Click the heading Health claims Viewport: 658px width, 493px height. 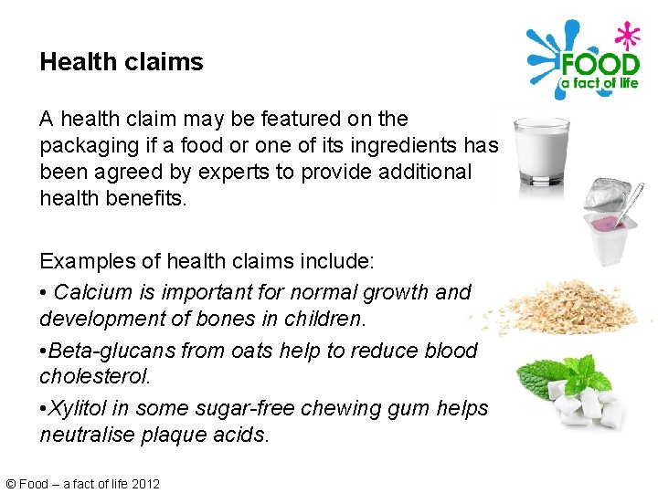pyautogui.click(x=122, y=62)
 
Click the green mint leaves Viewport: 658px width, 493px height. pyautogui.click(x=557, y=377)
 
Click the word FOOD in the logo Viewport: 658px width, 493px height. pyautogui.click(x=599, y=65)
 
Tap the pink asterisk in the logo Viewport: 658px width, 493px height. pyautogui.click(x=626, y=37)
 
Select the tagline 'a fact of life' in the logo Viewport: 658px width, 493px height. pyautogui.click(x=599, y=84)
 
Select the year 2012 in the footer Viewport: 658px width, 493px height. pyautogui.click(x=145, y=484)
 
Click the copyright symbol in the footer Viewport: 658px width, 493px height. pyautogui.click(x=10, y=484)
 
